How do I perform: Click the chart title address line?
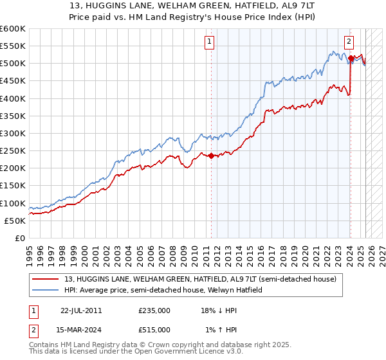click(x=193, y=6)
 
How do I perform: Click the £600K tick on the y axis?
click(x=13, y=29)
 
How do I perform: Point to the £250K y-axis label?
click(x=13, y=150)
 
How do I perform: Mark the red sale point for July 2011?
click(x=211, y=156)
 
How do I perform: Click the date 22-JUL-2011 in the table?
click(x=81, y=310)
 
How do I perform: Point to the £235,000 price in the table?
click(x=154, y=310)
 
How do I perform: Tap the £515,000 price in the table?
click(x=154, y=329)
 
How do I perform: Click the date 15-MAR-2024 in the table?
click(x=81, y=329)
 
